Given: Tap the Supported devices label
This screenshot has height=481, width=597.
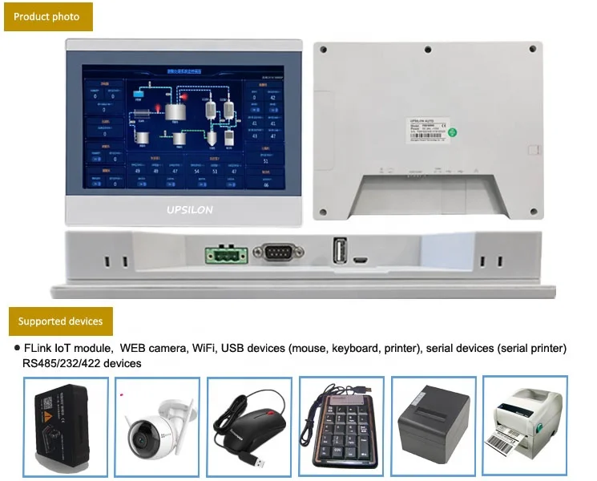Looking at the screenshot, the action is tap(61, 321).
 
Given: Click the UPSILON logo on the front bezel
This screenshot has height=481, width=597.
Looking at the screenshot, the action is tap(180, 209).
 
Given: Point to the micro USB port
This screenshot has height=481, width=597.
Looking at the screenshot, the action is tap(361, 260).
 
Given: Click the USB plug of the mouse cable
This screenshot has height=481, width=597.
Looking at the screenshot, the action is tap(257, 463).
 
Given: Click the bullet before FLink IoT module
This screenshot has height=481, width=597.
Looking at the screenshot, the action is tap(18, 349).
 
